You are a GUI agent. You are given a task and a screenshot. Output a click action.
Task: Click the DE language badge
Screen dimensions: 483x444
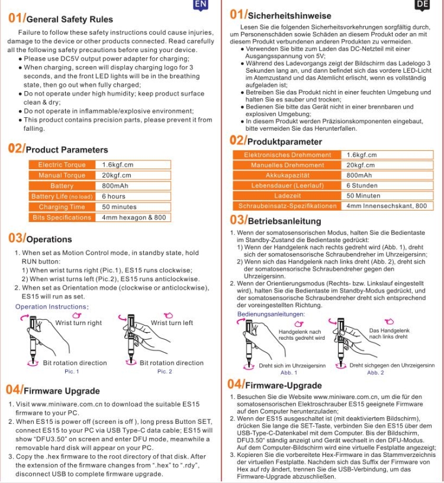coord(422,5)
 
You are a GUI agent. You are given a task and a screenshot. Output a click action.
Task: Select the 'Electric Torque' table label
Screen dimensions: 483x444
coord(62,165)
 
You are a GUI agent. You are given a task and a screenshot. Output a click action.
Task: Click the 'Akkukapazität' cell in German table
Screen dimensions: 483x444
coord(288,175)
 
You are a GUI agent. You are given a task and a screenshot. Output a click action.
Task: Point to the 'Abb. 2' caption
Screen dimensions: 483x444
coord(375,373)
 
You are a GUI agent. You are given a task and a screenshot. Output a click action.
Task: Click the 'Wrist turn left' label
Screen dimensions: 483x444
coord(172,323)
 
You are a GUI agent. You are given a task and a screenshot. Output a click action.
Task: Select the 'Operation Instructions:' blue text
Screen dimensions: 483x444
coord(52,307)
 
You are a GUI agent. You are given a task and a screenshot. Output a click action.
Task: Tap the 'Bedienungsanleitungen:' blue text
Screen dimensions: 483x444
coord(272,314)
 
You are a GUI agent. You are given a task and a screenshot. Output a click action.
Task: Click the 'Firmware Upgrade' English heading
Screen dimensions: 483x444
coord(62,391)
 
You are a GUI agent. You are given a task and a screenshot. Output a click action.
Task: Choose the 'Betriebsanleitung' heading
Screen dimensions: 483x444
coord(284,221)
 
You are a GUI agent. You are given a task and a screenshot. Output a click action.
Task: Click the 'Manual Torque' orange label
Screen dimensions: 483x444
coord(62,175)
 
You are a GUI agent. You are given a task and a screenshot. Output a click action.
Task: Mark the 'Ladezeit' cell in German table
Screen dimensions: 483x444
coord(288,195)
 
